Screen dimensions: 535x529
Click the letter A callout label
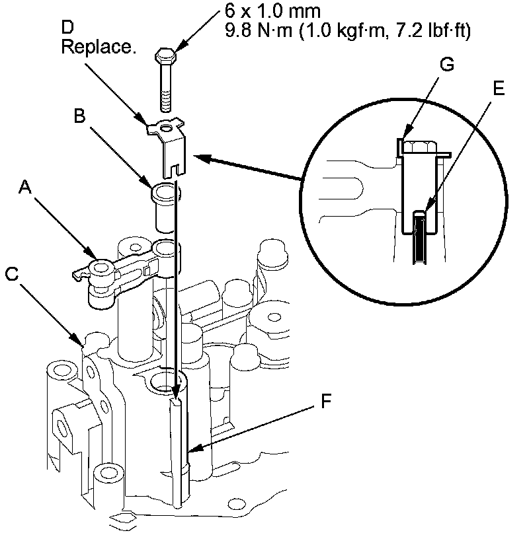coord(24,190)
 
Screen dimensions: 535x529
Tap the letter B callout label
coord(79,116)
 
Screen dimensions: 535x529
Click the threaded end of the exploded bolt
coord(165,103)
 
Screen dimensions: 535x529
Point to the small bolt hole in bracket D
coord(170,126)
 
